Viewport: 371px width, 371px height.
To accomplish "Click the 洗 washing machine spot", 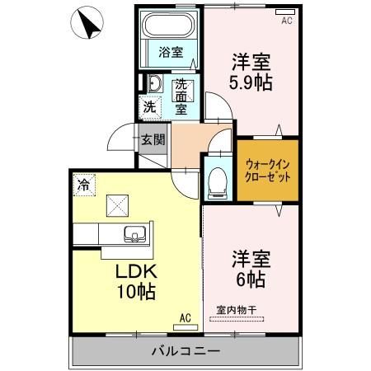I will click(149, 106).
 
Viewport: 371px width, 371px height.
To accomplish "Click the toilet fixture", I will click(217, 177).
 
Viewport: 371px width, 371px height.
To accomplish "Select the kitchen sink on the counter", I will click(133, 236).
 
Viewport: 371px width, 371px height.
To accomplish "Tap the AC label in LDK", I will click(185, 317).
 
